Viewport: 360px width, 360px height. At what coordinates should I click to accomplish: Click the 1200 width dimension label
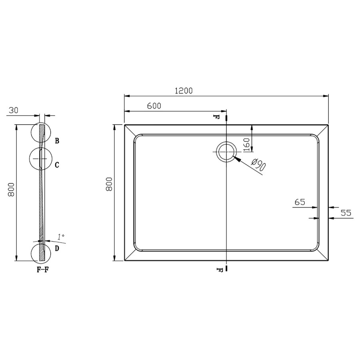[184, 91]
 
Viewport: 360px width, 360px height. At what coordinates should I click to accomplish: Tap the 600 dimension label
[154, 106]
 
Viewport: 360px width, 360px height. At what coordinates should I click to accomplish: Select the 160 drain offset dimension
[246, 144]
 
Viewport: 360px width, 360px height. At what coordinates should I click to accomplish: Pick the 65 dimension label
[300, 202]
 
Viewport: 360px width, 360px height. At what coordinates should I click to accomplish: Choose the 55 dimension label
[346, 213]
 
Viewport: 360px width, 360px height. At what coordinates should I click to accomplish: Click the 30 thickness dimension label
[13, 110]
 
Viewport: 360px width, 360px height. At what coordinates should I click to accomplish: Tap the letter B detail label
[57, 141]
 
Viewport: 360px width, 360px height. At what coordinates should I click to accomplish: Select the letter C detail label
[57, 165]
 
